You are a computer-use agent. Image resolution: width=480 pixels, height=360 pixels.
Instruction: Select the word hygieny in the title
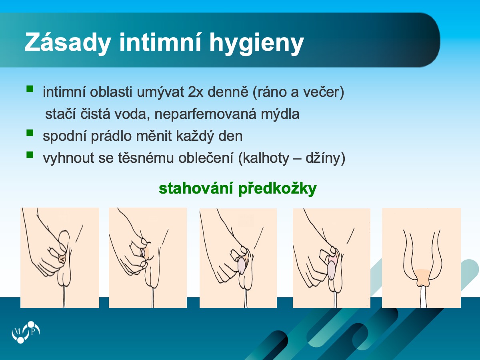[256, 43]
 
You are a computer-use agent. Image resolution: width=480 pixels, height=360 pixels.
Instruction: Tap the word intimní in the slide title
[160, 42]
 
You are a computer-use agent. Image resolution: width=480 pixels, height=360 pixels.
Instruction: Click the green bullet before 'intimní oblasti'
[30, 89]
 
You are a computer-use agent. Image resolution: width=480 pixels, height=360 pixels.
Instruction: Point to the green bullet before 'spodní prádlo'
[30, 133]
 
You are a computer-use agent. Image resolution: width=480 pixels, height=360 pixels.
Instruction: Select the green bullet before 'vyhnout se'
[30, 154]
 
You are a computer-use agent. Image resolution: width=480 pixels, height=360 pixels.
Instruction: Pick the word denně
[228, 92]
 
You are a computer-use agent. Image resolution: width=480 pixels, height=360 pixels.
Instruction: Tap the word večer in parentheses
[322, 92]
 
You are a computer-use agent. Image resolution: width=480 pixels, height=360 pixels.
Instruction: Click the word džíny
[323, 158]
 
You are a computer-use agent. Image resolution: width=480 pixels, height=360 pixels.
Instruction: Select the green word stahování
[196, 189]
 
